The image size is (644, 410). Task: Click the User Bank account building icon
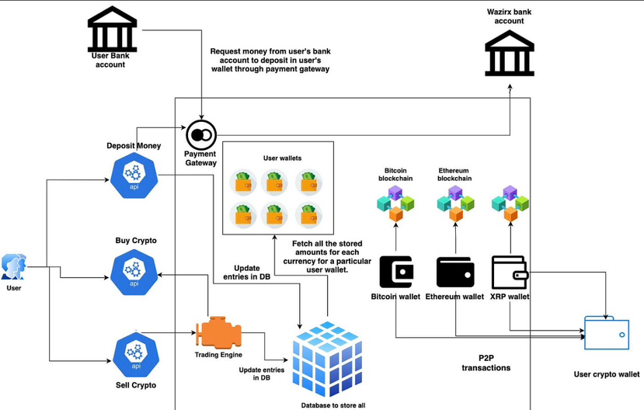point(113,30)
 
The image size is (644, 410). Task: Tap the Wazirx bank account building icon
point(510,53)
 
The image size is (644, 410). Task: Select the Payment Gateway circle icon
point(200,136)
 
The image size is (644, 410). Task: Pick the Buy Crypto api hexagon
point(134,269)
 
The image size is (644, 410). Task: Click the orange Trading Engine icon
point(219,333)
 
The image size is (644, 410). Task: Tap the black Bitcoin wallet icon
point(396,272)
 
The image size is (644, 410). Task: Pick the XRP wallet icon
point(510,272)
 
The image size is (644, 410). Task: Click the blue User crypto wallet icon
point(607,335)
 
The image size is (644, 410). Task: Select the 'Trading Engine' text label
point(218,355)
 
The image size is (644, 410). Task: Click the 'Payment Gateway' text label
point(200,158)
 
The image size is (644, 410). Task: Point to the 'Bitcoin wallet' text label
point(395,297)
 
